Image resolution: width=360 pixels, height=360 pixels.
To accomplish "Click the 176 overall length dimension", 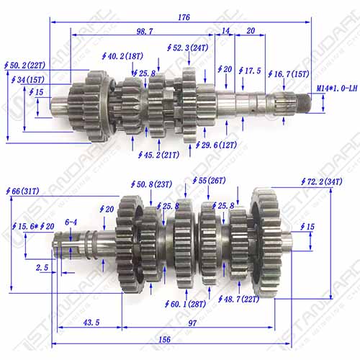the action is tap(184, 17).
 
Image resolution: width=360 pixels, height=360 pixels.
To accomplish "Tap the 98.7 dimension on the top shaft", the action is tap(145, 31).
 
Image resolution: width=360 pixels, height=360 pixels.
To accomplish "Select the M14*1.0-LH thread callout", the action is tap(337, 89).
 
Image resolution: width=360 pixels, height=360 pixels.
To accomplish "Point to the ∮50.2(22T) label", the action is tap(24, 66).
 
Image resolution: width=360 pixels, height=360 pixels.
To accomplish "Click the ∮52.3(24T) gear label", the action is tap(188, 48).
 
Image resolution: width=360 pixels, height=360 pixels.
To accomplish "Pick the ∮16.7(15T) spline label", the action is tap(289, 74).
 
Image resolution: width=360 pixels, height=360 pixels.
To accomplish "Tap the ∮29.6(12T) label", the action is tap(216, 145).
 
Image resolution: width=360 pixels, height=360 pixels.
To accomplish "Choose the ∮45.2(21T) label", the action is tap(158, 155).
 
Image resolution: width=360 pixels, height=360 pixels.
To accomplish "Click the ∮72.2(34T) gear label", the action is tap(322, 181).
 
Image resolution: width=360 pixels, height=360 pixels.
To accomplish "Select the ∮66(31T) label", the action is tap(22, 192).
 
